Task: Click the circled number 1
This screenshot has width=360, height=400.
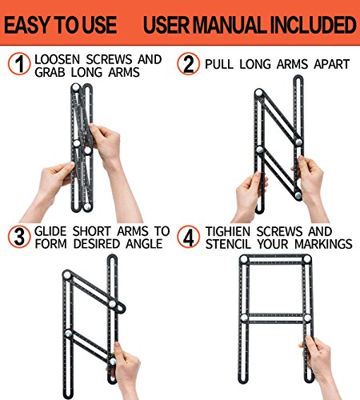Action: pos(19,64)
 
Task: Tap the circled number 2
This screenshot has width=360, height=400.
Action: pos(188,64)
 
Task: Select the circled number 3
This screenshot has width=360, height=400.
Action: pos(19,237)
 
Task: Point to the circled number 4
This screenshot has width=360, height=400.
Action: pos(188,237)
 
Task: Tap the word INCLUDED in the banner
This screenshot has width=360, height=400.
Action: pos(314,25)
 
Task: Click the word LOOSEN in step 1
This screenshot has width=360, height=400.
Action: pos(57,59)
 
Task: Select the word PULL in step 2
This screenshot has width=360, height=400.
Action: pos(219,64)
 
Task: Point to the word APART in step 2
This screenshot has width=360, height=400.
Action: pos(332,64)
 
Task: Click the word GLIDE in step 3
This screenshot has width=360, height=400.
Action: pos(50,231)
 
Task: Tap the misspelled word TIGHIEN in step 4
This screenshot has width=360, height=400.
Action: pos(227,231)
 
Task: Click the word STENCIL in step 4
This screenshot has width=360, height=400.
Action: pos(228,244)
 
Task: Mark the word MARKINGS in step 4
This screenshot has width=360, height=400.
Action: pos(323,244)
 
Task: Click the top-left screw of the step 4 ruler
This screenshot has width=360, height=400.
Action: pos(244,259)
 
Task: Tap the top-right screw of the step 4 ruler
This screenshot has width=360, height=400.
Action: pos(307,259)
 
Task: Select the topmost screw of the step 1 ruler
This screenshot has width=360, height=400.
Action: pos(76,87)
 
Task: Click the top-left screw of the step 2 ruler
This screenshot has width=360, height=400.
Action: pos(258,93)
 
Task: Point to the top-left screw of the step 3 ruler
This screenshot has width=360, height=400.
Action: pos(66,275)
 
